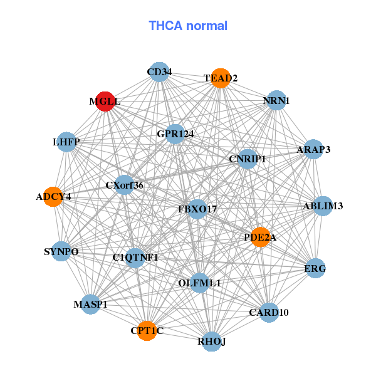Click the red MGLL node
click(105, 102)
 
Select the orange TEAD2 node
click(220, 78)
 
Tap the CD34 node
click(159, 72)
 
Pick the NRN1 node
click(276, 100)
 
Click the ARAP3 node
click(313, 150)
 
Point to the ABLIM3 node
click(322, 206)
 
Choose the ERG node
click(315, 268)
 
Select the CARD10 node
click(269, 312)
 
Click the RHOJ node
click(212, 342)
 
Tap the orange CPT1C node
click(147, 330)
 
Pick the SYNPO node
click(61, 252)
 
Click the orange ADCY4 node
click(53, 197)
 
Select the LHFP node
click(66, 143)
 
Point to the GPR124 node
click(175, 133)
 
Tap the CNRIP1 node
click(248, 159)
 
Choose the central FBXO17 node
click(197, 209)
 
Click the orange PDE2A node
click(260, 238)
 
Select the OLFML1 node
click(199, 283)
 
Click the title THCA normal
click(188, 26)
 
